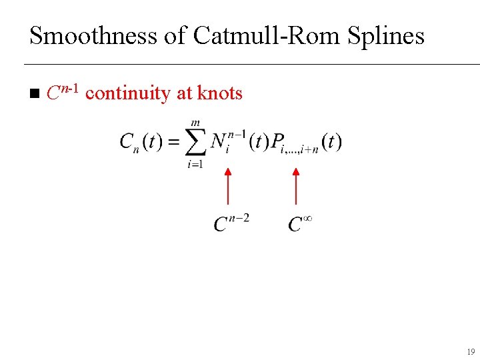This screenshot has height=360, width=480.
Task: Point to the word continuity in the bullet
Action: pyautogui.click(x=128, y=93)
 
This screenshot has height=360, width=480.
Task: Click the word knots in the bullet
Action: pyautogui.click(x=221, y=93)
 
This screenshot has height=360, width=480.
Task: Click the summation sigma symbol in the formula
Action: pyautogui.click(x=195, y=143)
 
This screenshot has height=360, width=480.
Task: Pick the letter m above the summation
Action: pyautogui.click(x=195, y=123)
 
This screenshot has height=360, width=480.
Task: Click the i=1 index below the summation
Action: pyautogui.click(x=195, y=164)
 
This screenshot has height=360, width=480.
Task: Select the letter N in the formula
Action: pyautogui.click(x=218, y=141)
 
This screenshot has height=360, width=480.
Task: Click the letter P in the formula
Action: pyautogui.click(x=277, y=142)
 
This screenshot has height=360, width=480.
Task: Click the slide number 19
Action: pyautogui.click(x=471, y=351)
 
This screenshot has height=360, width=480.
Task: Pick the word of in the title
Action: pyautogui.click(x=177, y=36)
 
